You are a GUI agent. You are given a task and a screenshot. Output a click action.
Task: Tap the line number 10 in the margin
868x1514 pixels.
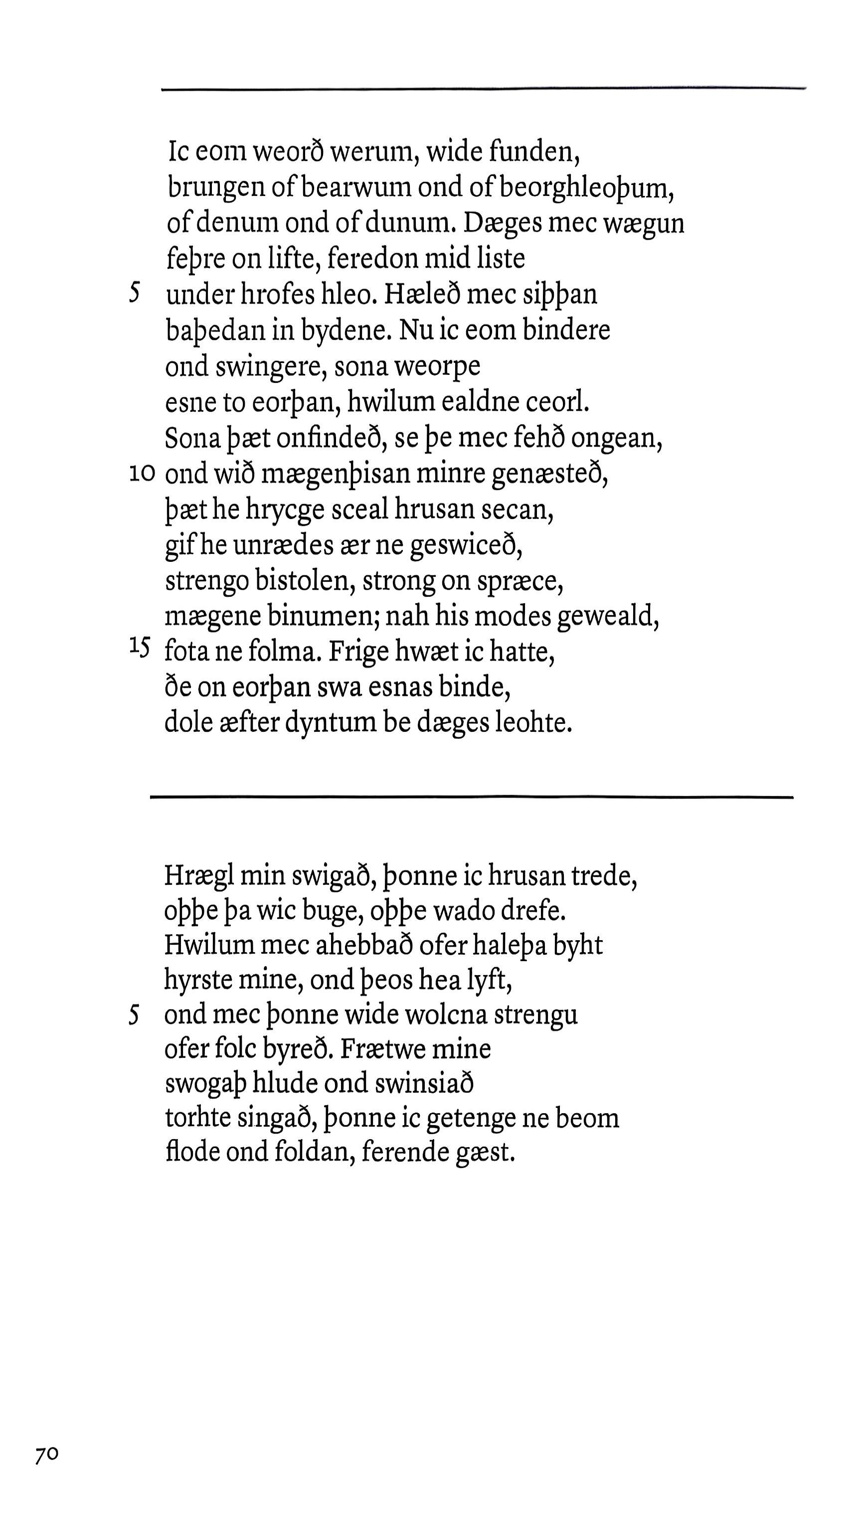pos(143,474)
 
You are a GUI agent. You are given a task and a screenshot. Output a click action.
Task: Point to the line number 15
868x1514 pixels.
pos(139,646)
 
